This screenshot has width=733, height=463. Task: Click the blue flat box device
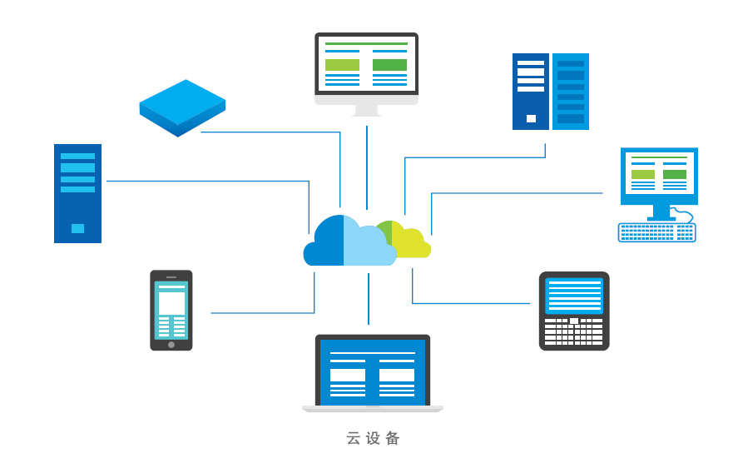click(182, 107)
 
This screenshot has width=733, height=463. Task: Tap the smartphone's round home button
click(171, 344)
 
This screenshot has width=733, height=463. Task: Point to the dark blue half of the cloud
click(327, 244)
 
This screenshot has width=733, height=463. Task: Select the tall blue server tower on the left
click(77, 193)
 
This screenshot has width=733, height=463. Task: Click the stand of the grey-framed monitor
click(366, 110)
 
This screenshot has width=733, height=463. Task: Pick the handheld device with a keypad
click(573, 311)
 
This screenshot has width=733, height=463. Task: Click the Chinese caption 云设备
click(374, 438)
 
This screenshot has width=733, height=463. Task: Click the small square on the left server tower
click(77, 228)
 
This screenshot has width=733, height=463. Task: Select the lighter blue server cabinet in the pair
click(571, 92)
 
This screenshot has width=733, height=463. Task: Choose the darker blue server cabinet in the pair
click(530, 92)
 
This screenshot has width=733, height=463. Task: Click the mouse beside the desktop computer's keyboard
click(681, 217)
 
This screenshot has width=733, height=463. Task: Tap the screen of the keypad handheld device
click(573, 296)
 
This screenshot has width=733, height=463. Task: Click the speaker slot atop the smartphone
click(171, 276)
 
